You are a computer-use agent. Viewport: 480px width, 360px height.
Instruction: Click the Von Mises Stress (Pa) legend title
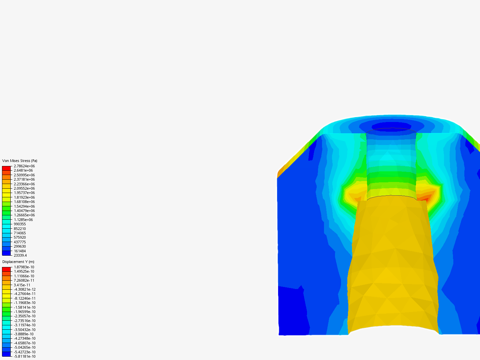pyautogui.click(x=20, y=161)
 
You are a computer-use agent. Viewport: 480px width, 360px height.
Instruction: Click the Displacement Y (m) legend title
pyautogui.click(x=18, y=262)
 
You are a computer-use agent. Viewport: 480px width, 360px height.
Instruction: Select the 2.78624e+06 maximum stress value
pyautogui.click(x=24, y=166)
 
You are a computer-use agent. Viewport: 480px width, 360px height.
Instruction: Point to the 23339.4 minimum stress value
pyautogui.click(x=20, y=255)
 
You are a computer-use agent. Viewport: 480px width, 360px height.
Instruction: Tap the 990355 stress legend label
pyautogui.click(x=20, y=224)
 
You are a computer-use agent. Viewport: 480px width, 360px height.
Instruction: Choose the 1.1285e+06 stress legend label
pyautogui.click(x=23, y=220)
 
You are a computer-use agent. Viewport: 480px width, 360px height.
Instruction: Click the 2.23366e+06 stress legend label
pyautogui.click(x=24, y=184)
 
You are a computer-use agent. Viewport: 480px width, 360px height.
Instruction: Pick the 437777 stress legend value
pyautogui.click(x=20, y=242)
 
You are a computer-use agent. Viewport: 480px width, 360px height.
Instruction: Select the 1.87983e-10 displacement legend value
pyautogui.click(x=24, y=267)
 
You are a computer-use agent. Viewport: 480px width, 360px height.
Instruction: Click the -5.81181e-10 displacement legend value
pyautogui.click(x=24, y=356)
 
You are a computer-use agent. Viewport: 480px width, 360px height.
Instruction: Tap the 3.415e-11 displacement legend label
pyautogui.click(x=22, y=285)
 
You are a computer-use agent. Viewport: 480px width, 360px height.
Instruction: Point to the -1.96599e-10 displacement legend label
pyautogui.click(x=24, y=312)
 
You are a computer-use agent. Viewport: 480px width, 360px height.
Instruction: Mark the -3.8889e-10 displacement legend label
pyautogui.click(x=23, y=334)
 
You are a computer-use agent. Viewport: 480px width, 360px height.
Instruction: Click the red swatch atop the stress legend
pyautogui.click(x=6, y=168)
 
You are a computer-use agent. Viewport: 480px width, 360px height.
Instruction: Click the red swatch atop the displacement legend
pyautogui.click(x=6, y=269)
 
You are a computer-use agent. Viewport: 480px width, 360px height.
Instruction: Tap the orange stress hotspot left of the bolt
pyautogui.click(x=358, y=199)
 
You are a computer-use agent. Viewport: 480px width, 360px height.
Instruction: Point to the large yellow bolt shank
pyautogui.click(x=393, y=267)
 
